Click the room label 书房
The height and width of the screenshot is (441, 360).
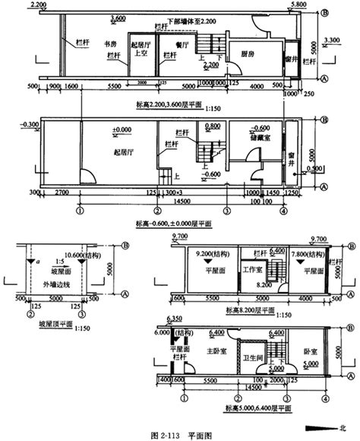coord(111,45)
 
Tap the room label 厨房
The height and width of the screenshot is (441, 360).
coord(246,55)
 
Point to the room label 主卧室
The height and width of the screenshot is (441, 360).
coord(218,351)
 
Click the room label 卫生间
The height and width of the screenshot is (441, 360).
coord(254,357)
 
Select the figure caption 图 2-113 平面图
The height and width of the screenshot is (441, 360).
coord(179,434)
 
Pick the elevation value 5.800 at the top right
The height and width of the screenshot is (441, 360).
coord(298,5)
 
